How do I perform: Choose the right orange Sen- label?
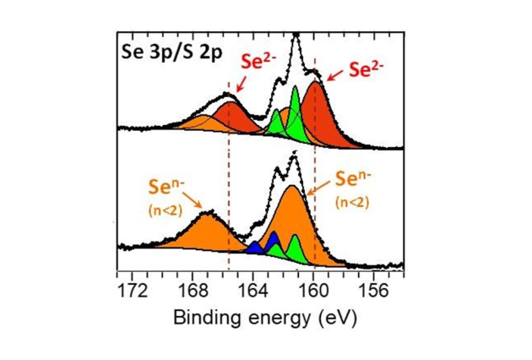[354, 180]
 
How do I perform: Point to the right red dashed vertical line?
[315, 169]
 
